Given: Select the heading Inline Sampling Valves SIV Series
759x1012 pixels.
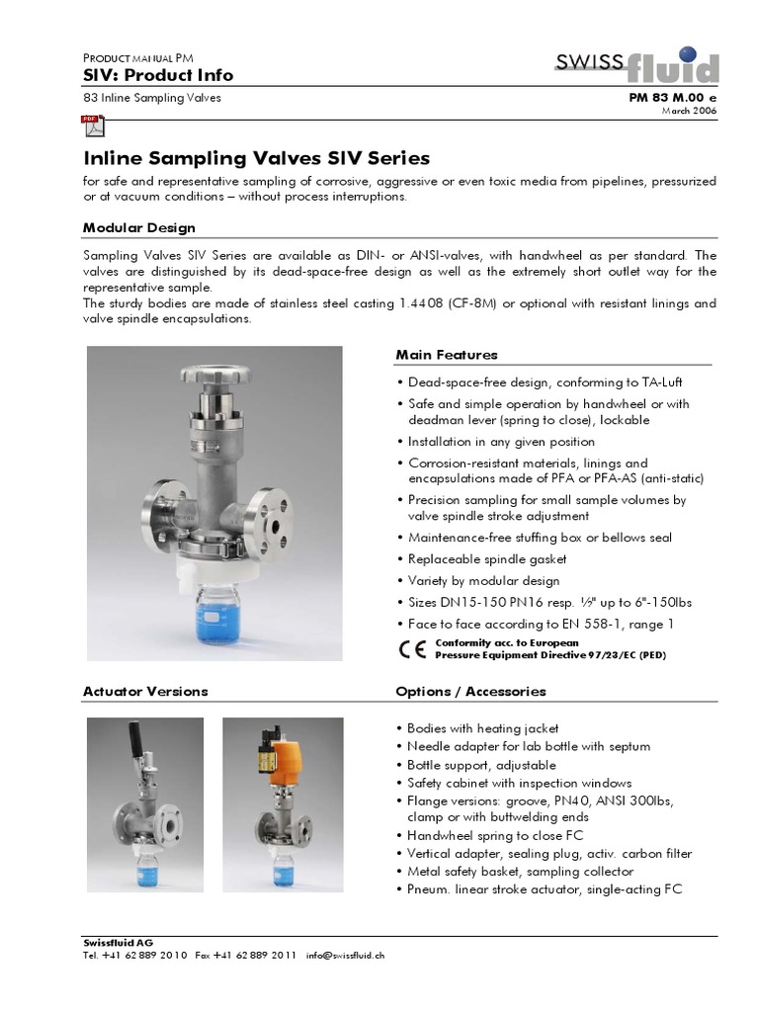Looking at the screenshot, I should pyautogui.click(x=256, y=158).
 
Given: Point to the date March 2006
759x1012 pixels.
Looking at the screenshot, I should pyautogui.click(x=689, y=111).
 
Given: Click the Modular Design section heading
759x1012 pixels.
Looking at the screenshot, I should pyautogui.click(x=139, y=228).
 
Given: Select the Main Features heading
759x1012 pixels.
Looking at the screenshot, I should pyautogui.click(x=447, y=355).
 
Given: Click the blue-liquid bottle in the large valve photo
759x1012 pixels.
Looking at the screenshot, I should pyautogui.click(x=214, y=614).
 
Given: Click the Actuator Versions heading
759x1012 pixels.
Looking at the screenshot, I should pyautogui.click(x=145, y=691).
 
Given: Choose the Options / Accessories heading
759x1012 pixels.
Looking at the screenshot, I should pyautogui.click(x=470, y=691).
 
